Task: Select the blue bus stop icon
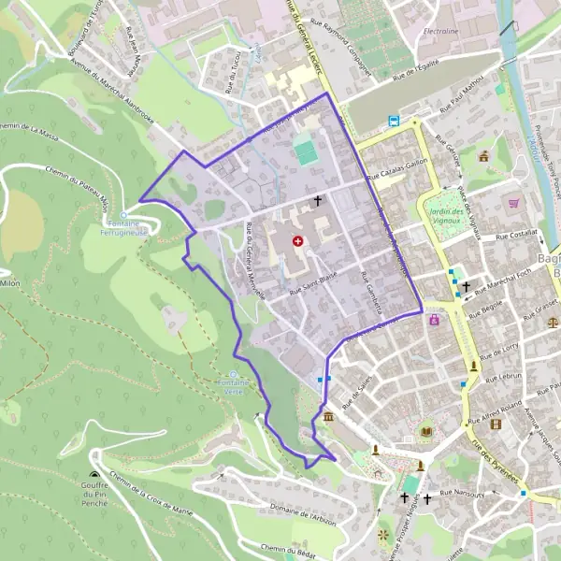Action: pos(395,120)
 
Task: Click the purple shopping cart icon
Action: pos(512,202)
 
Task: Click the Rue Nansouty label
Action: pos(465,492)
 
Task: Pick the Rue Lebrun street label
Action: pos(504,375)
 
